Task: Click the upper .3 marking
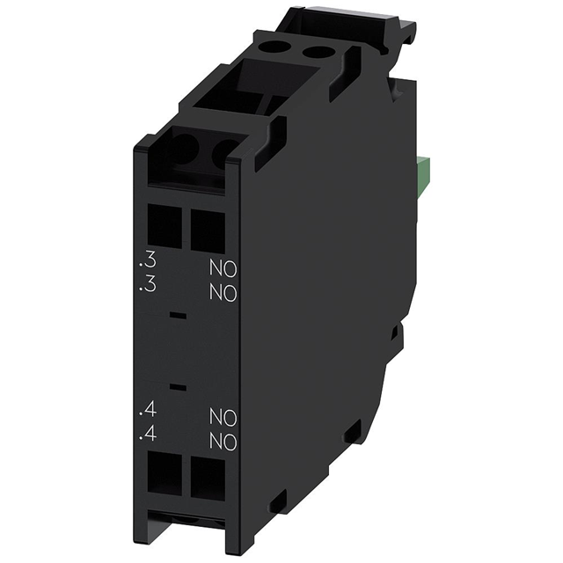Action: (x=150, y=262)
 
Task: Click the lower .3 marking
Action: (x=150, y=285)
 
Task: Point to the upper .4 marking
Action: (x=150, y=410)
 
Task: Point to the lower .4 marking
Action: (x=150, y=433)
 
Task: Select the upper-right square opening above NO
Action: (x=208, y=230)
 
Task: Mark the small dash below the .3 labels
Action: (x=178, y=313)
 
